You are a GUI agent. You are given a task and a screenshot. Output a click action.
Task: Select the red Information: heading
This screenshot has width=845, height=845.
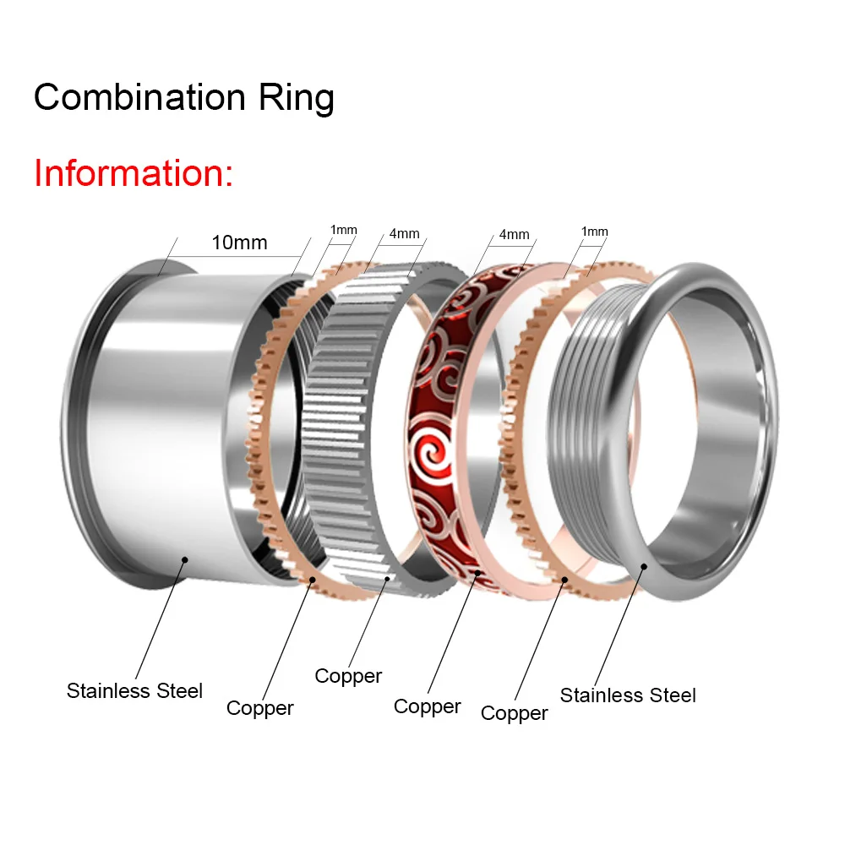click(133, 173)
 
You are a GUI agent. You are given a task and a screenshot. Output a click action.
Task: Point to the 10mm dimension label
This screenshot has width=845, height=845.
click(239, 243)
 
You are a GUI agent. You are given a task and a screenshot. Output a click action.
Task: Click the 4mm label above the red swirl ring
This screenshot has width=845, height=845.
click(514, 235)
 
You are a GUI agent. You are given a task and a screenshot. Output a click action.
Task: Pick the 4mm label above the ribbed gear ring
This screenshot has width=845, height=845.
click(404, 233)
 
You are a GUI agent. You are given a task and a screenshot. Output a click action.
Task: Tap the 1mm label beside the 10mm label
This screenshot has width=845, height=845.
click(343, 230)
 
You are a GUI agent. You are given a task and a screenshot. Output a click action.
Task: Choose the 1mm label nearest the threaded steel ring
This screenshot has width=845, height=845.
click(594, 232)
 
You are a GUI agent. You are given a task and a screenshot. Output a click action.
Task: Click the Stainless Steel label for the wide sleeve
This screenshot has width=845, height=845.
click(135, 690)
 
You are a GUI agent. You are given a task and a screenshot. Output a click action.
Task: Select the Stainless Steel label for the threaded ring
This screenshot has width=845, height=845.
click(628, 695)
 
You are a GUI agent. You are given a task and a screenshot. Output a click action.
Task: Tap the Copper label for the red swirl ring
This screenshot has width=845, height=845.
click(428, 706)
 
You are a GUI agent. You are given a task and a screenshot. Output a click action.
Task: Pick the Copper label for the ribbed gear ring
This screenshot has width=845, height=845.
click(348, 676)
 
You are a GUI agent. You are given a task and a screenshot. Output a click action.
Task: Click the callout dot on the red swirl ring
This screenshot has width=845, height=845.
click(477, 573)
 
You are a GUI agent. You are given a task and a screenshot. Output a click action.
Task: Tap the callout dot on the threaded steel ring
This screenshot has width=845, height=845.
click(644, 567)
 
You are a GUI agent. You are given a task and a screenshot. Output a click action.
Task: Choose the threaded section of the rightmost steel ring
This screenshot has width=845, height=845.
click(583, 422)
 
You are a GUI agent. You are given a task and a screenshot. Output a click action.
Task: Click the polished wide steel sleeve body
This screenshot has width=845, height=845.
click(161, 422)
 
